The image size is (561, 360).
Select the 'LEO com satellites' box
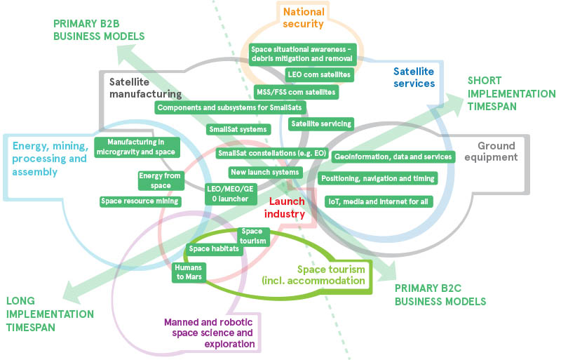319,74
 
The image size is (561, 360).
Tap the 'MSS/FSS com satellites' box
296,92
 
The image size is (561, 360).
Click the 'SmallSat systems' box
238,129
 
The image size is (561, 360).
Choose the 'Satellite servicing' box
320,124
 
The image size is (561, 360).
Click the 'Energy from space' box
155,180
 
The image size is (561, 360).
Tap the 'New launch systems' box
264,172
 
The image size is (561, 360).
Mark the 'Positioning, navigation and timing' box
378,178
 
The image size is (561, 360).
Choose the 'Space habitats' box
214,248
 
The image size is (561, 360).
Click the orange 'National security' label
304,18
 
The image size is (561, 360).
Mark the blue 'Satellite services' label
414,77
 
